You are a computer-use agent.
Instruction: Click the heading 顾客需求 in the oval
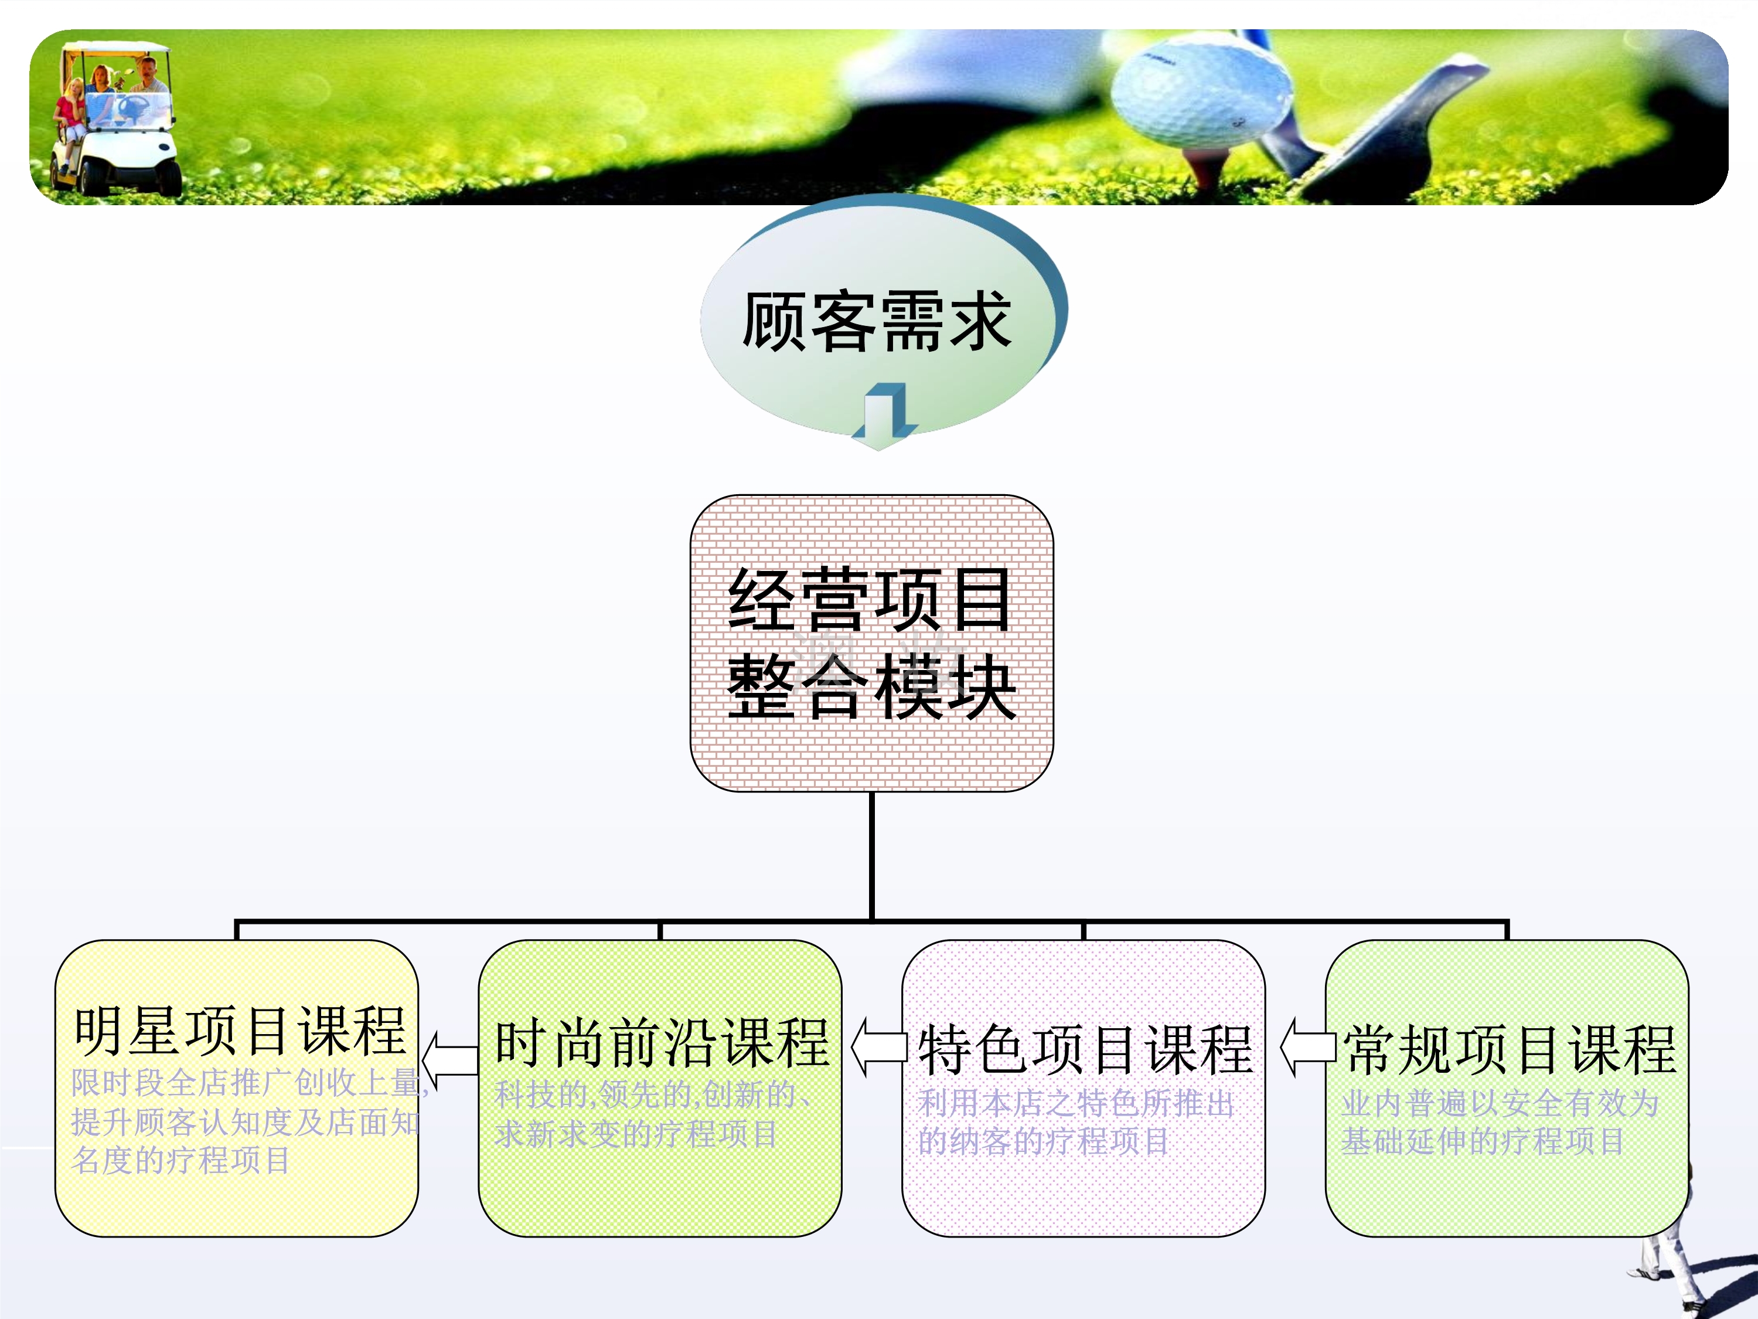point(877,321)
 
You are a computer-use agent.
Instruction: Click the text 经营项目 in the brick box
point(870,600)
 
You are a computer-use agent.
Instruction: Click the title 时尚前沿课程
point(661,1043)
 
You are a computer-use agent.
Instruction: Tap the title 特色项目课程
point(1085,1049)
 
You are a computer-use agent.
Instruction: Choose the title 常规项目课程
point(1508,1049)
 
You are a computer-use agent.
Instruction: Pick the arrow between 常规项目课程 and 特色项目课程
point(1307,1046)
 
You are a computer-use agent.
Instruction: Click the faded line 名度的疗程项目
point(181,1161)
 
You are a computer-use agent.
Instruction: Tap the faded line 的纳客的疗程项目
point(1042,1142)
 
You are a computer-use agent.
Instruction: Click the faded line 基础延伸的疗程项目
point(1482,1142)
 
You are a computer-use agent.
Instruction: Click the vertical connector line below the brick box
point(872,855)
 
